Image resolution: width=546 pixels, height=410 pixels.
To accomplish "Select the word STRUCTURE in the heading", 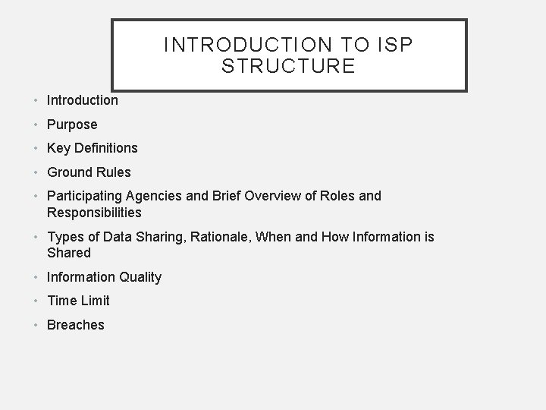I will [x=288, y=66].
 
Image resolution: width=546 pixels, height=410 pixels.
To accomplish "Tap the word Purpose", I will [x=72, y=124].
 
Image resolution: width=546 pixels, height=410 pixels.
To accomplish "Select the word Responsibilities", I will [x=94, y=213].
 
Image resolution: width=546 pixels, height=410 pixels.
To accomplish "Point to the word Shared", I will [x=68, y=253].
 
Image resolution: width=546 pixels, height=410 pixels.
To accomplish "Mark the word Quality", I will [x=137, y=277].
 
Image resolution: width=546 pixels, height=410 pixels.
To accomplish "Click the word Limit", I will [x=93, y=301].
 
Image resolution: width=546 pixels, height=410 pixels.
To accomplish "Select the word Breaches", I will [x=76, y=325].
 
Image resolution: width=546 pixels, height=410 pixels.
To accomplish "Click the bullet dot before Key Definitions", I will [x=36, y=149].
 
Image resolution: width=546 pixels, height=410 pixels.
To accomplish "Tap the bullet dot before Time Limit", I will [x=36, y=301].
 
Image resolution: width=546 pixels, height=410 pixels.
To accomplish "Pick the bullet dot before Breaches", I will [x=36, y=326].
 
